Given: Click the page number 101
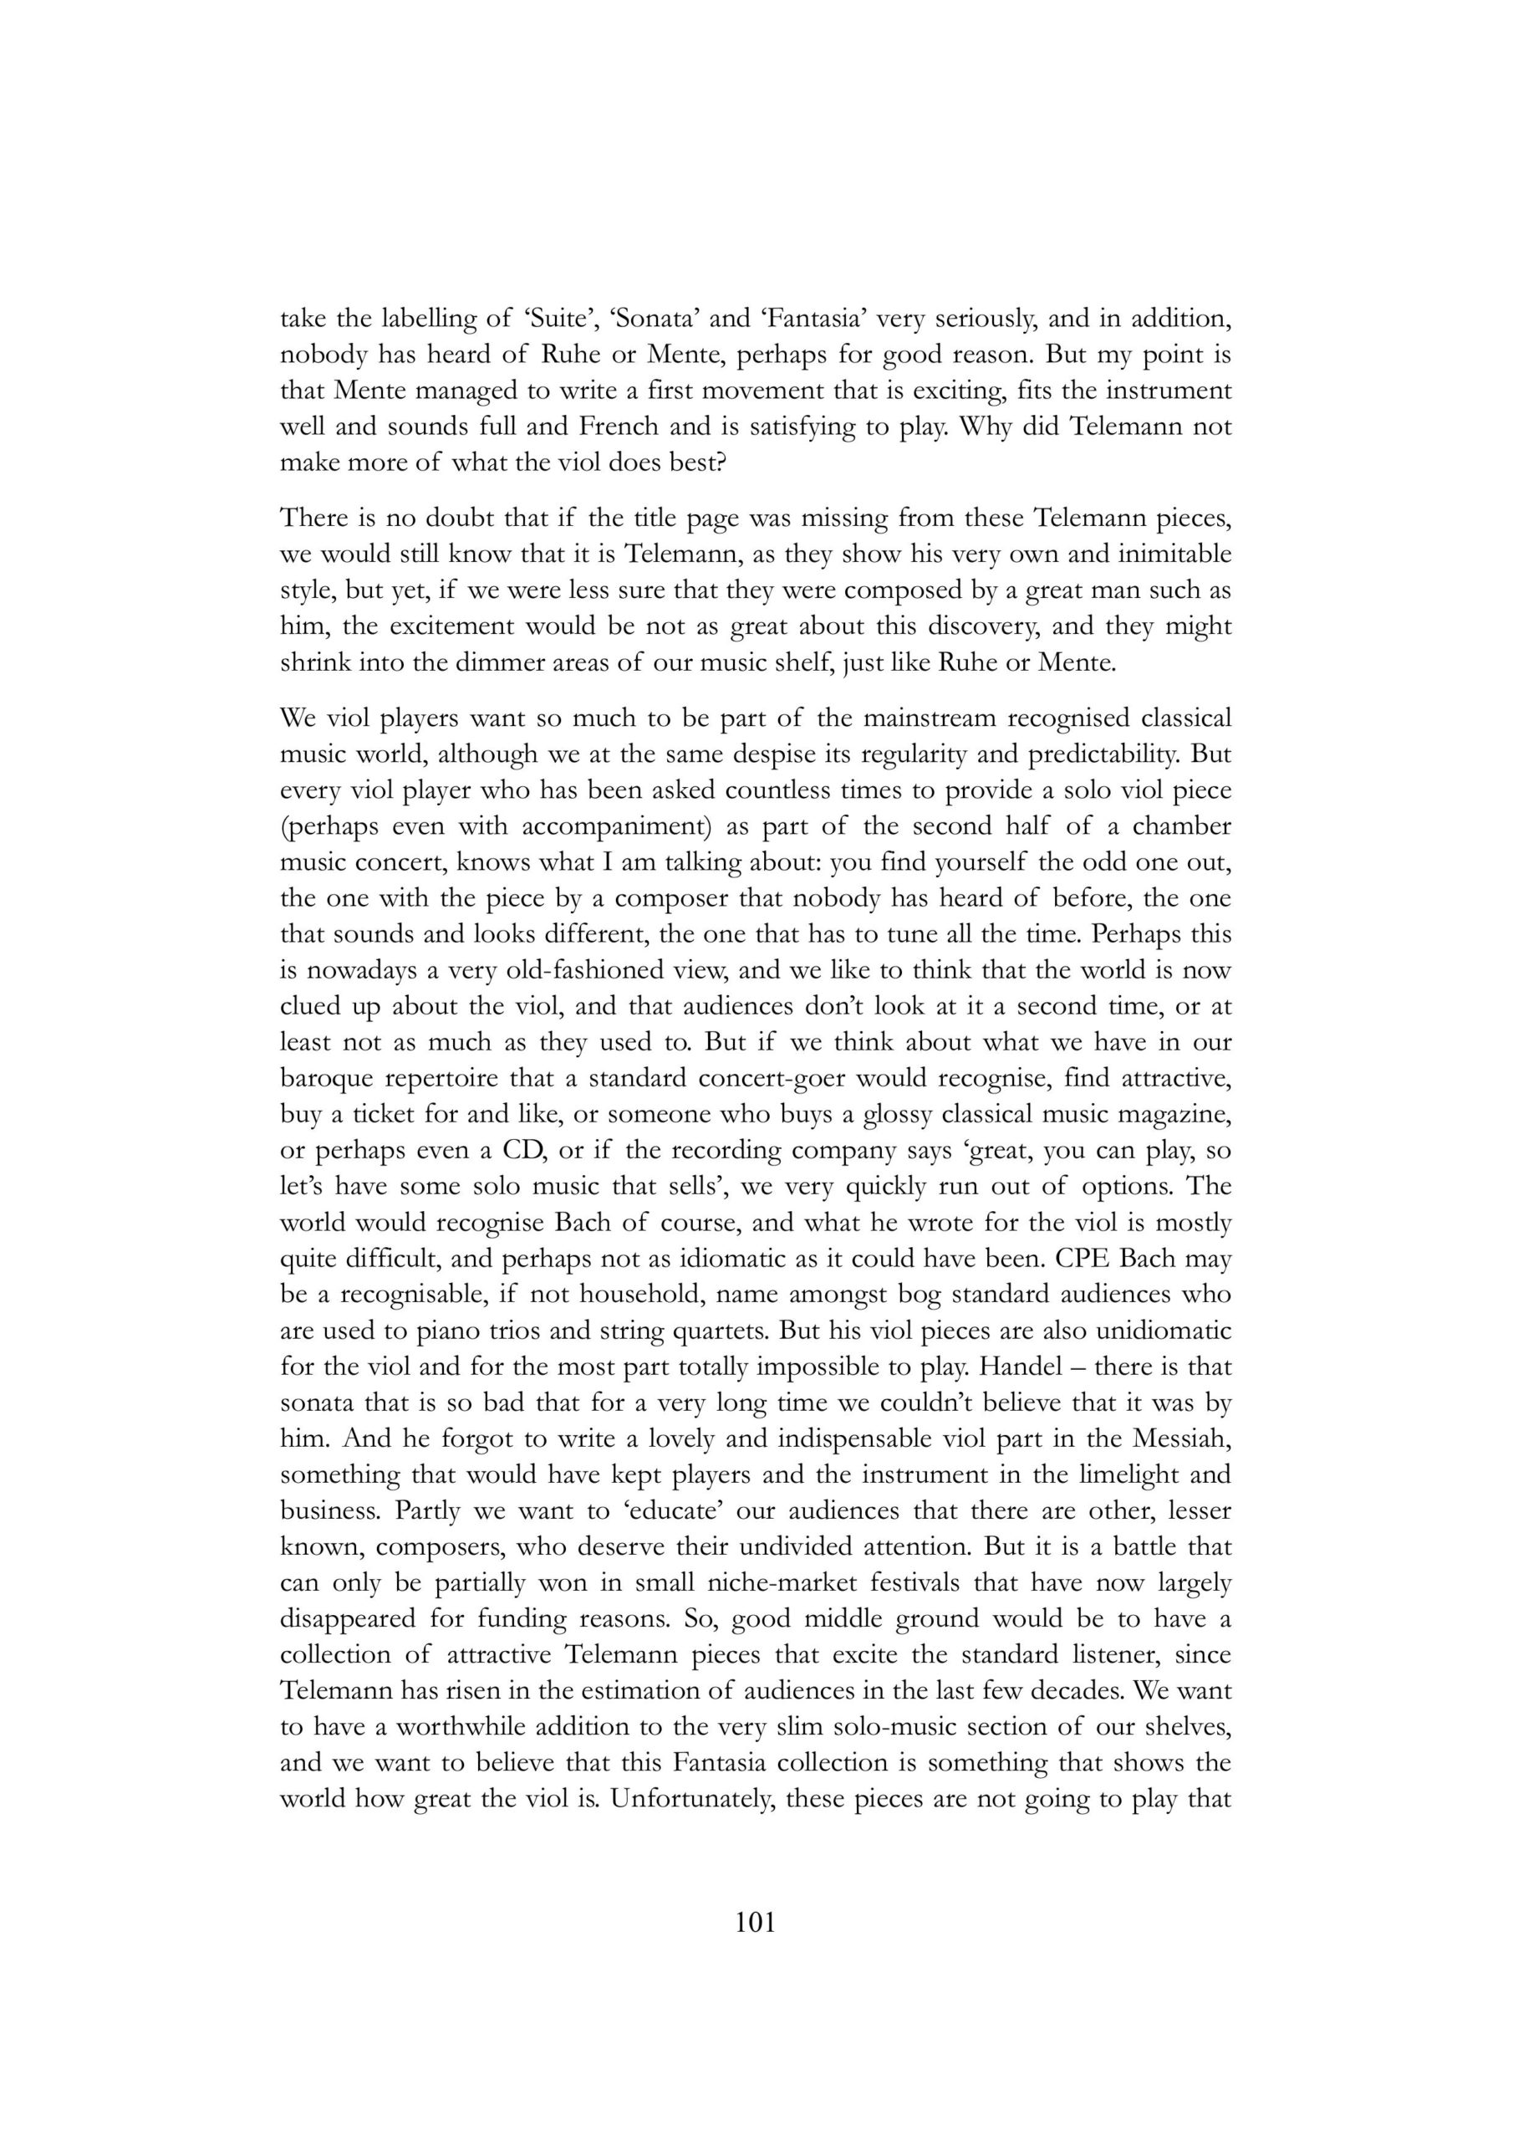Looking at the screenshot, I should (755, 1922).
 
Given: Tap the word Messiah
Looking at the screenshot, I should (1184, 1438).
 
